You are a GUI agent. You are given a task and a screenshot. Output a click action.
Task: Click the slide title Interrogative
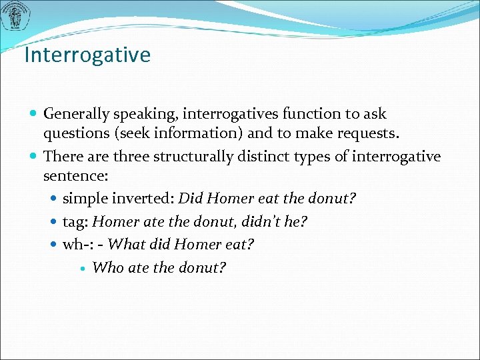[x=87, y=55]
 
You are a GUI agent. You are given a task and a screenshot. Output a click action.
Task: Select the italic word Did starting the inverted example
[x=191, y=199]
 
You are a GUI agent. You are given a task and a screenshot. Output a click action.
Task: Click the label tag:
[x=76, y=222]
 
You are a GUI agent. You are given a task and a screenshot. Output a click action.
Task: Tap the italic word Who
[x=107, y=267]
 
